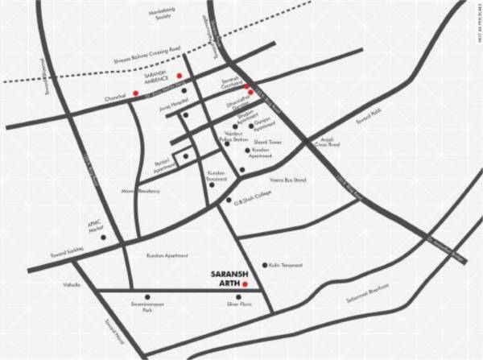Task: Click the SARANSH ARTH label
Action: [x=225, y=277]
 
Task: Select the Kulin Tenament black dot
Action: [x=265, y=265]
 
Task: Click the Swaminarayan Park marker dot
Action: [x=147, y=296]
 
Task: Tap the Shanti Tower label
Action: [x=266, y=143]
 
